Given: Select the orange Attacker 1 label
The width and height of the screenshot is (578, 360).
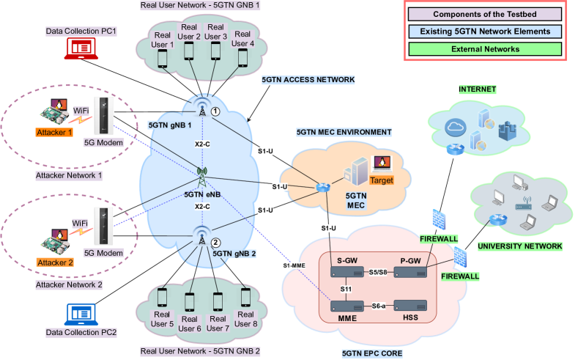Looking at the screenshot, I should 55,133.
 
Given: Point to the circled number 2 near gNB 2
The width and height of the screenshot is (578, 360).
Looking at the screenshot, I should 215,243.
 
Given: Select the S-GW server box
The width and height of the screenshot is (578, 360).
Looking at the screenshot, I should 347,272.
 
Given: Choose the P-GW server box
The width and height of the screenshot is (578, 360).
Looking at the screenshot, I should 410,272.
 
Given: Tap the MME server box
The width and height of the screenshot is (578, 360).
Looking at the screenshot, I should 347,304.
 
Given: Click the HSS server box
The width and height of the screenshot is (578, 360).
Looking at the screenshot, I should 410,304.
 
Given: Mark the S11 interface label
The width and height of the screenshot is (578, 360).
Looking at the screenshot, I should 347,288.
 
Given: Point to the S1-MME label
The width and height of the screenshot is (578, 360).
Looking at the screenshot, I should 293,264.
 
